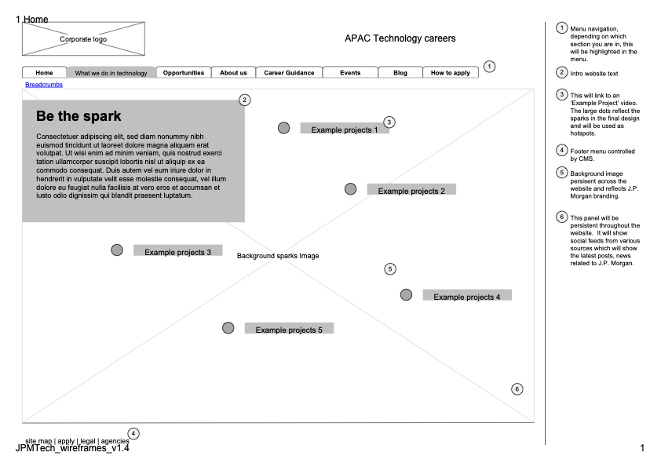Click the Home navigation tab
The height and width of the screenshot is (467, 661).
click(x=45, y=73)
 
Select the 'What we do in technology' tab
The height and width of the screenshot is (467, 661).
click(x=111, y=73)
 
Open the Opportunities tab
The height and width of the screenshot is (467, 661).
click(x=184, y=73)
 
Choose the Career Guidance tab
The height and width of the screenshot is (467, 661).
click(x=289, y=73)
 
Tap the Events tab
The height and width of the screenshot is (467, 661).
click(x=350, y=73)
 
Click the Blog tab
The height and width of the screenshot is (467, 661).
click(x=400, y=73)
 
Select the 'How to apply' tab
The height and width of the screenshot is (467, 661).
click(x=451, y=73)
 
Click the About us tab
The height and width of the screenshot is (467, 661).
click(x=233, y=73)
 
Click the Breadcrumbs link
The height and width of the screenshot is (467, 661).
click(x=44, y=84)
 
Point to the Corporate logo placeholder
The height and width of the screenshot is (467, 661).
click(x=83, y=39)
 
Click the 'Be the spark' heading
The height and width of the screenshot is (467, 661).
click(x=79, y=116)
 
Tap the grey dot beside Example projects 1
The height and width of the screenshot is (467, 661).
click(x=283, y=128)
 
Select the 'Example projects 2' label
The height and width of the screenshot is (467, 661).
click(x=411, y=191)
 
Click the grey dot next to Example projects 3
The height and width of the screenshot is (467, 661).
click(x=117, y=250)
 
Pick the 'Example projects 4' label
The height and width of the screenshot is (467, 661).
click(x=467, y=297)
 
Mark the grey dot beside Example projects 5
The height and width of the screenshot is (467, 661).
click(x=228, y=328)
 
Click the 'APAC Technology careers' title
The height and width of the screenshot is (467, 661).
click(x=400, y=38)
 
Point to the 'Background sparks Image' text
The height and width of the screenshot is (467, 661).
click(x=278, y=256)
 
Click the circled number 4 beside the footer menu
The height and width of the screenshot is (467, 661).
click(x=133, y=433)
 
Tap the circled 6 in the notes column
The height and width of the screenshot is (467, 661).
click(x=562, y=217)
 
